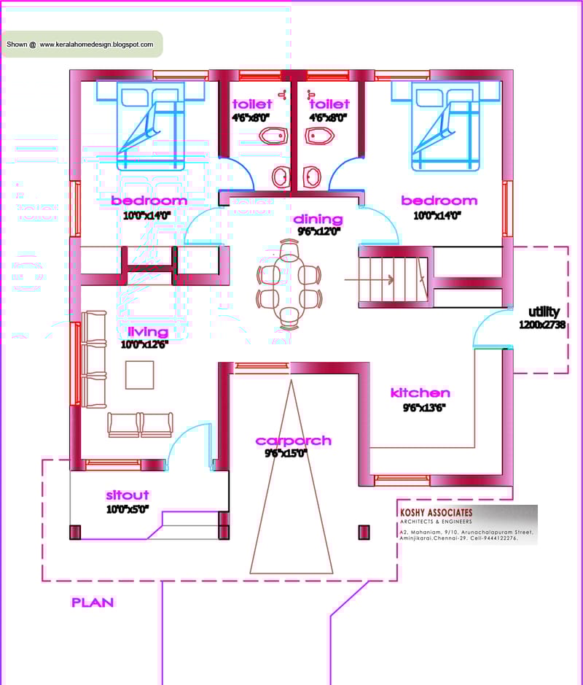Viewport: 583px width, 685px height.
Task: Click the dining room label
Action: point(318,219)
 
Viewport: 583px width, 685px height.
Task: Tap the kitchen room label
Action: point(420,393)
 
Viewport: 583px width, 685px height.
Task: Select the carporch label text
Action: point(293,441)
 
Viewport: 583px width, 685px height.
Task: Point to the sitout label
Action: point(128,495)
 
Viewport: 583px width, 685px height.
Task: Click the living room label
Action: point(147,332)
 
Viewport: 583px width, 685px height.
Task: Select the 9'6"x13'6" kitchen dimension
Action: point(424,408)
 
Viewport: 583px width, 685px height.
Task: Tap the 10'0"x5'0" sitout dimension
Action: point(128,509)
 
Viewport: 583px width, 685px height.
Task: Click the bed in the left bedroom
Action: point(151,125)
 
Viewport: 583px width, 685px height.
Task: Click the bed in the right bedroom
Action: point(445,125)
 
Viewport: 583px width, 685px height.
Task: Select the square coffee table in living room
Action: point(139,375)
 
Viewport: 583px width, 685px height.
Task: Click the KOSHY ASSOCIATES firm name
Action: point(436,513)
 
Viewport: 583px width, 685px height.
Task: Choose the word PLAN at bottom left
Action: point(93,603)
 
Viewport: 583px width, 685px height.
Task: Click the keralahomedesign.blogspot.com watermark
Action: point(96,44)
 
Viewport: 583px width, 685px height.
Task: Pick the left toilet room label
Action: point(251,104)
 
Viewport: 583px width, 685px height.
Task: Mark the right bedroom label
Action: point(439,201)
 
